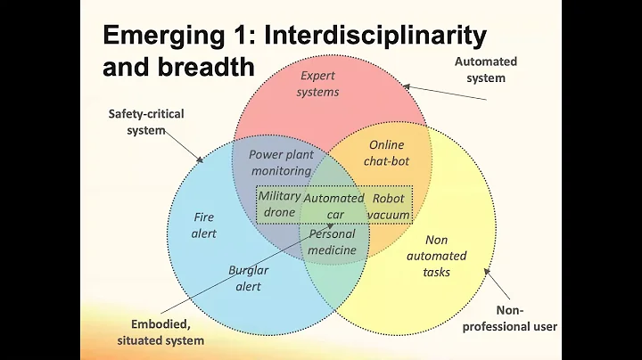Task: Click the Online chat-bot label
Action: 385,152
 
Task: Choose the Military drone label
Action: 279,204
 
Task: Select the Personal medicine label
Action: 332,241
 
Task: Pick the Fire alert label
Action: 204,225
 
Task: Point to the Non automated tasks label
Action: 437,256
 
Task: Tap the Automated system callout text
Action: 485,70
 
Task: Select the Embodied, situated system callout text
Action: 160,332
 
